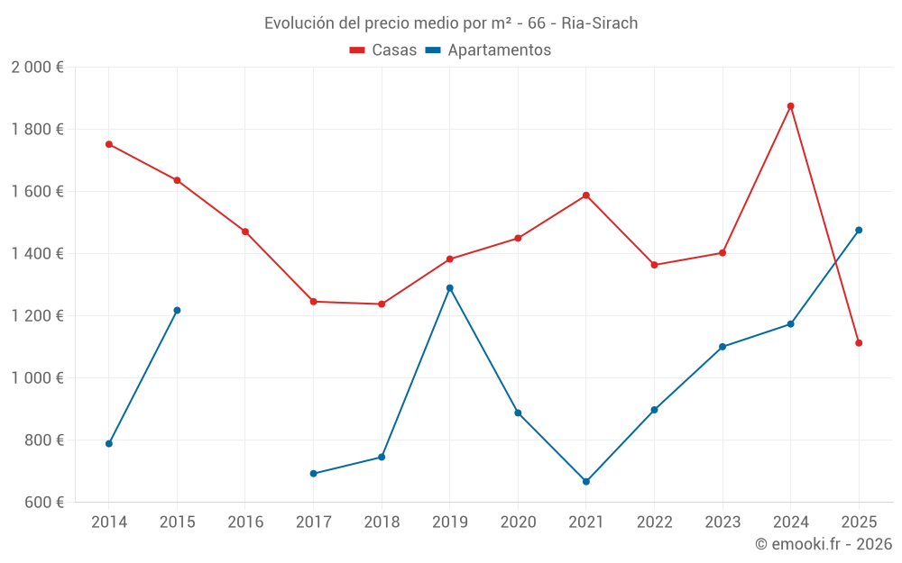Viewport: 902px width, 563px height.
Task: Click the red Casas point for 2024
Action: (790, 106)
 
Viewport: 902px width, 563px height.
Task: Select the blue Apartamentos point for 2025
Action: (859, 230)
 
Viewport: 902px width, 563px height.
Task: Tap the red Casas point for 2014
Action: (109, 144)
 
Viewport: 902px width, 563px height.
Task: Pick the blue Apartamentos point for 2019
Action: (450, 288)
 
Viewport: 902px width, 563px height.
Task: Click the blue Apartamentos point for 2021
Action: (586, 482)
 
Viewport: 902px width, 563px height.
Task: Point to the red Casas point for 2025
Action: (859, 343)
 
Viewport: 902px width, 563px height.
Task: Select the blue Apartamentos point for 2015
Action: (177, 311)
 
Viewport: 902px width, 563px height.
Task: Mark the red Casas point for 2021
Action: (586, 195)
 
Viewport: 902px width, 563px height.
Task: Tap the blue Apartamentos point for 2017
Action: (313, 474)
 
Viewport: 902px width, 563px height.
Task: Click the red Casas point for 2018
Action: (382, 304)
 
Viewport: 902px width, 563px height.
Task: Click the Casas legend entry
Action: (383, 50)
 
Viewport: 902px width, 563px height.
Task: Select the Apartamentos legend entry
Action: (488, 50)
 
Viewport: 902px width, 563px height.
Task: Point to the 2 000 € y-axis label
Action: (37, 68)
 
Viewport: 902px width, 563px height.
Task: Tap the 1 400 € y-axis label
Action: (37, 254)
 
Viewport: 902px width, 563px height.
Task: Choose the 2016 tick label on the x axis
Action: (245, 522)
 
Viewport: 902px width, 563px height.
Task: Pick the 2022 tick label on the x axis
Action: (654, 522)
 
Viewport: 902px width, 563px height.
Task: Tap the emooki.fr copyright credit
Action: (823, 544)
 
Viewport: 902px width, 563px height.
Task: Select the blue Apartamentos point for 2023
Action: (723, 347)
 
